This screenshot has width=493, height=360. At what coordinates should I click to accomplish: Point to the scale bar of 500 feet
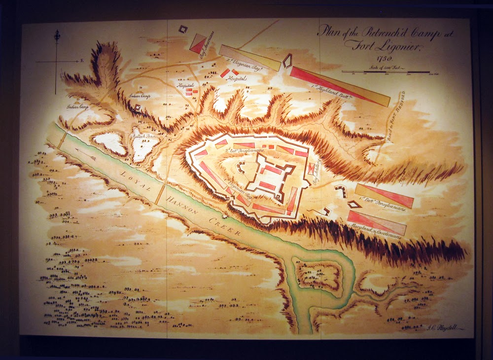385,72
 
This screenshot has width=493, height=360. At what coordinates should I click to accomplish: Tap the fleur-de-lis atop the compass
57,36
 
